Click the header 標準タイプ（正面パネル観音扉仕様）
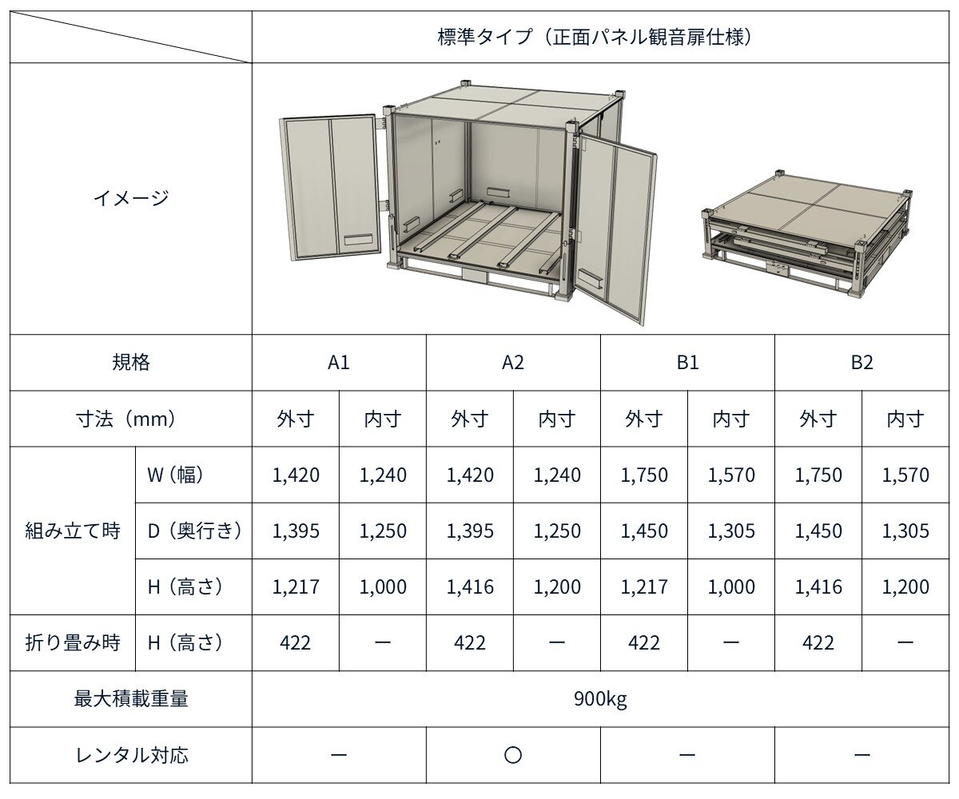point(595,38)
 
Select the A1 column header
point(339,363)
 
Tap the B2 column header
point(862,363)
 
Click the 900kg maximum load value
point(600,699)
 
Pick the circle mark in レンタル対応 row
point(513,755)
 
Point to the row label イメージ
point(131,198)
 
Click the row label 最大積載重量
point(131,699)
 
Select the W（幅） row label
point(175,475)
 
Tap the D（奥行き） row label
point(194,531)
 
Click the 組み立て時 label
point(73,531)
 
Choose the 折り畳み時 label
point(73,643)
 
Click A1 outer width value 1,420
point(296,475)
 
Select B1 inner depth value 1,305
point(731,531)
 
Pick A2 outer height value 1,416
point(469,587)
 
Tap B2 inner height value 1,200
point(905,587)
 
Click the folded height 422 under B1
point(644,643)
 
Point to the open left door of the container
point(331,187)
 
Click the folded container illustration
point(807,235)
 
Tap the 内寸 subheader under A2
point(557,419)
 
